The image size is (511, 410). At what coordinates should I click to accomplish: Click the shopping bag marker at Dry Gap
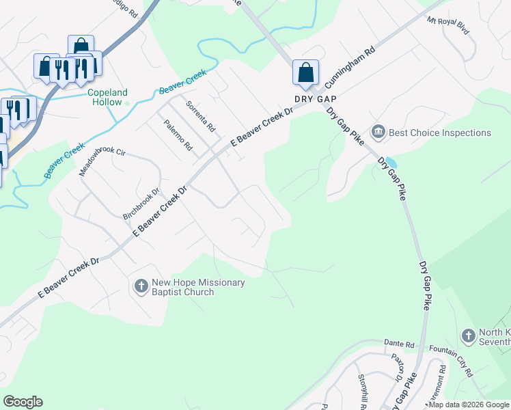pos(305,72)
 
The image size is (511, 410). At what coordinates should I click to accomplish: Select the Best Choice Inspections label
pos(440,132)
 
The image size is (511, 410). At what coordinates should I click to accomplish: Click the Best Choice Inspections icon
pos(378,131)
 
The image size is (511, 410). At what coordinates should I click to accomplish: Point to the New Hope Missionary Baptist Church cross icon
pos(141,286)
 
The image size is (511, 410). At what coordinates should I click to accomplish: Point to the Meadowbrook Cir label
pos(103,161)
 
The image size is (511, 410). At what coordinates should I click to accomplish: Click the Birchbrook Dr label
pos(140,204)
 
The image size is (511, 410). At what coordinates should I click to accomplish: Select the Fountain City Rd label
pos(451,360)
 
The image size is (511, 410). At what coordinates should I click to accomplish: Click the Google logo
pos(23,401)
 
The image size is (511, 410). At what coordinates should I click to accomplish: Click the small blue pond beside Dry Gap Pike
pos(390,163)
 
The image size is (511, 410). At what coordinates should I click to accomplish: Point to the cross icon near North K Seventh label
pos(468,336)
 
